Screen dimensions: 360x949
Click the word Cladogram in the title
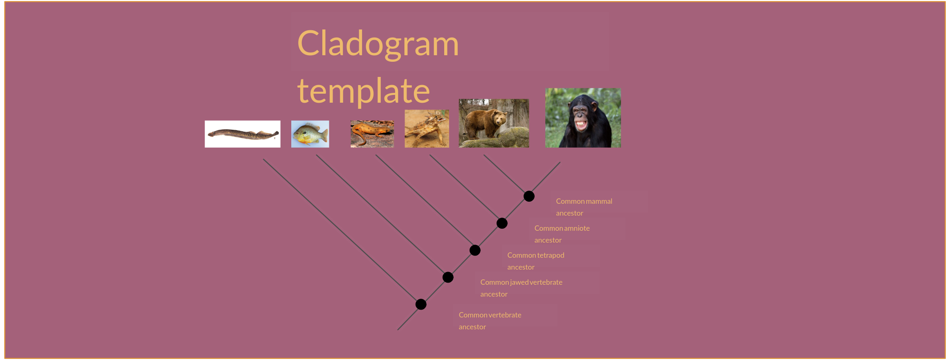tap(378, 44)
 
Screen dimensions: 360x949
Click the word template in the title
tap(363, 91)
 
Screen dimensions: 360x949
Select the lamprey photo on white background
tap(243, 134)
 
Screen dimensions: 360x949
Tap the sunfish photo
tap(310, 134)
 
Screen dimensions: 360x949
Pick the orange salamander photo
tap(372, 134)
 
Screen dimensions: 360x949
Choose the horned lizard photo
tap(427, 128)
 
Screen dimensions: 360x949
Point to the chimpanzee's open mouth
tap(581, 123)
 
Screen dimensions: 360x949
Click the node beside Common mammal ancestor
tap(529, 196)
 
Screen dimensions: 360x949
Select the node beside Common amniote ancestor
tap(502, 223)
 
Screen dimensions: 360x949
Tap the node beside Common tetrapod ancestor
tap(475, 250)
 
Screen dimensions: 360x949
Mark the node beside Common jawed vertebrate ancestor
tap(448, 277)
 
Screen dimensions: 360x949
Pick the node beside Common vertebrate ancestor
tap(421, 304)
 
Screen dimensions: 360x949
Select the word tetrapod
tap(550, 255)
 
